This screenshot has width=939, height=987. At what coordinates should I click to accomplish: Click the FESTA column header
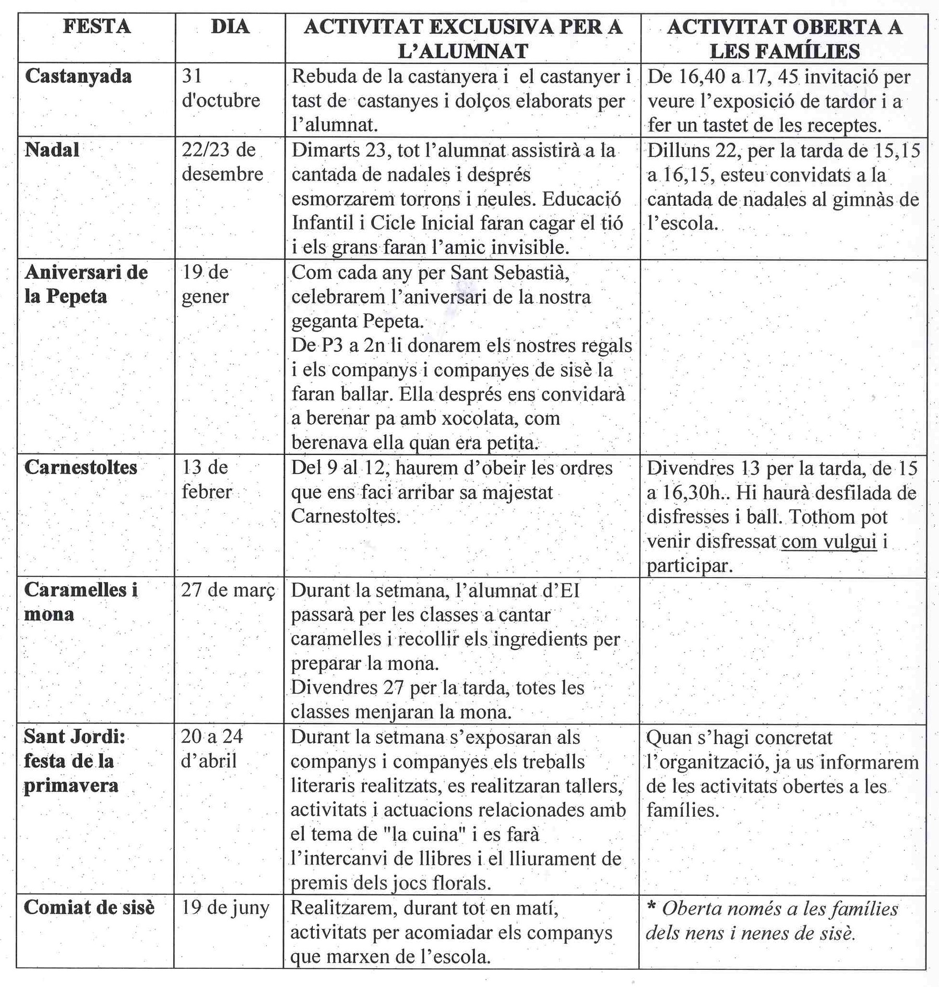tap(96, 26)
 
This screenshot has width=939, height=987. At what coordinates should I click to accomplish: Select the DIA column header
tap(230, 26)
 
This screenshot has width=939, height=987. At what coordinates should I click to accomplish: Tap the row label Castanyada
tap(78, 76)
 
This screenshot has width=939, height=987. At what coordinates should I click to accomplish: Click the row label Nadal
tap(51, 150)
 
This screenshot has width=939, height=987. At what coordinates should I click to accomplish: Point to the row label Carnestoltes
tap(80, 467)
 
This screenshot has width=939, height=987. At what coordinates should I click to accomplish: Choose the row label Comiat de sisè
tap(89, 907)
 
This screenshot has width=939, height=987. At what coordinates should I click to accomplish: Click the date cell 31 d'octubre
tap(220, 88)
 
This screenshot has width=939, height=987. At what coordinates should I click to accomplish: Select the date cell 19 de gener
tap(205, 284)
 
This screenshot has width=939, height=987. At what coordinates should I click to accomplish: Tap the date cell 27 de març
tap(228, 590)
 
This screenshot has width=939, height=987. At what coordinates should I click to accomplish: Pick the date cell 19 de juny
tap(225, 907)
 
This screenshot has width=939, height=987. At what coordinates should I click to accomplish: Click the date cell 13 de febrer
tap(206, 479)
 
